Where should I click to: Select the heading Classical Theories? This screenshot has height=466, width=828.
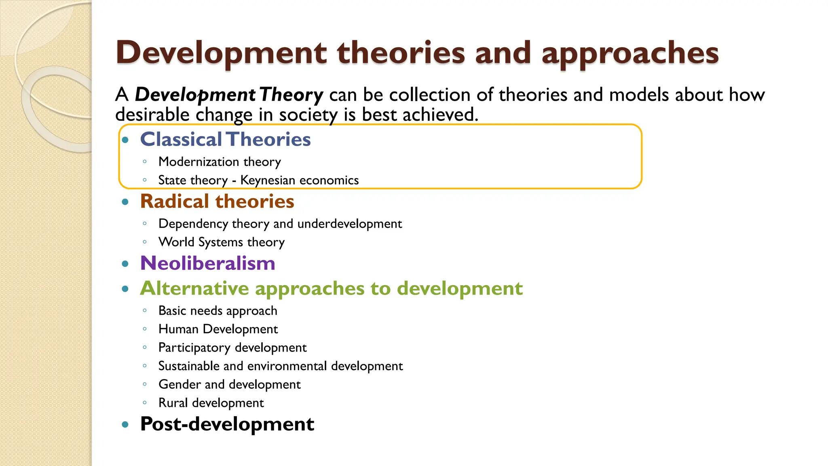point(225,140)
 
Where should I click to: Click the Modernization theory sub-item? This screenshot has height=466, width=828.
point(220,162)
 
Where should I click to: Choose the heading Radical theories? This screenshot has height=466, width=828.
point(217,201)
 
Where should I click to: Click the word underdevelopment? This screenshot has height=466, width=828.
point(350,224)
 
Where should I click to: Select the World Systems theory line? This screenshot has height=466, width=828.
point(222,242)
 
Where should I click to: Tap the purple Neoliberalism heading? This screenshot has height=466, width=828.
point(207,263)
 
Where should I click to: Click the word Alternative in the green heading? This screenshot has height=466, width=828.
point(194,288)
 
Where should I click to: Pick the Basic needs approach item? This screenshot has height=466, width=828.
point(218,311)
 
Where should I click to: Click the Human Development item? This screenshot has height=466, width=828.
point(218,329)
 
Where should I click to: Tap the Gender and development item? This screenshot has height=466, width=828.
point(229,384)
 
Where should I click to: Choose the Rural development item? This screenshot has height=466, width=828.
point(211,403)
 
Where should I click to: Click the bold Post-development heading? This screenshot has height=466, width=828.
point(227,424)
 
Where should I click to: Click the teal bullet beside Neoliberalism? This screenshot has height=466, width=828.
point(125,264)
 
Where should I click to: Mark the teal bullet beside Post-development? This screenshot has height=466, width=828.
point(125,424)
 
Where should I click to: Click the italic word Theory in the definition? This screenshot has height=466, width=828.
point(291,95)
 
